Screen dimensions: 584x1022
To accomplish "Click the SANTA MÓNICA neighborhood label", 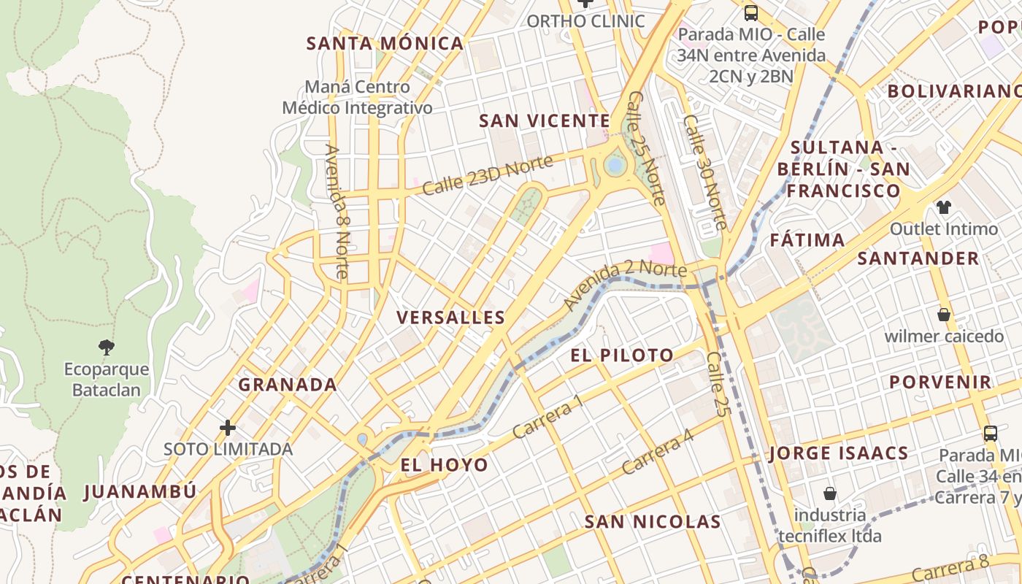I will click(x=385, y=44).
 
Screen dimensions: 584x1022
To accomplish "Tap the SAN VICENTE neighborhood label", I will click(x=544, y=121).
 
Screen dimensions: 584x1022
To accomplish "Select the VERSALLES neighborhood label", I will click(x=450, y=318).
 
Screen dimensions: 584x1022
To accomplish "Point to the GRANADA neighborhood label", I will click(x=288, y=385).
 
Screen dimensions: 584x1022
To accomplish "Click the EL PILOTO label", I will click(x=622, y=356).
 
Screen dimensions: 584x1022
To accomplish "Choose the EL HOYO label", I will click(x=445, y=465).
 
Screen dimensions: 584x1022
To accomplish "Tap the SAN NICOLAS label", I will click(x=653, y=522).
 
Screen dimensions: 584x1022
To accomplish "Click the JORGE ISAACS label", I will click(x=839, y=453).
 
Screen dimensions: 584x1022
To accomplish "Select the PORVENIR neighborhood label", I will click(x=940, y=382).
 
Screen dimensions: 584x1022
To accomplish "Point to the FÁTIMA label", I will click(x=807, y=240).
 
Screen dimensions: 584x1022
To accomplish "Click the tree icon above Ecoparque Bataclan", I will click(x=107, y=347).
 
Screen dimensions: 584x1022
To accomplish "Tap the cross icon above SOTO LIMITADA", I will click(x=228, y=427).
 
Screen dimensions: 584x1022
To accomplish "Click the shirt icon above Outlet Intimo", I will click(x=944, y=207).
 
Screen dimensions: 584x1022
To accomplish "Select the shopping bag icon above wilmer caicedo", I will click(x=944, y=315).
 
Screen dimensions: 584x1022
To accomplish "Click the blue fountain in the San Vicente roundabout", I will click(x=615, y=166).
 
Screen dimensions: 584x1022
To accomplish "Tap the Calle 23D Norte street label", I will click(x=488, y=175).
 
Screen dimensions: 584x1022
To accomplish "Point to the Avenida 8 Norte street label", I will click(x=337, y=212).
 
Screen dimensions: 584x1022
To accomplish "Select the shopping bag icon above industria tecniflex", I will click(x=829, y=493).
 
